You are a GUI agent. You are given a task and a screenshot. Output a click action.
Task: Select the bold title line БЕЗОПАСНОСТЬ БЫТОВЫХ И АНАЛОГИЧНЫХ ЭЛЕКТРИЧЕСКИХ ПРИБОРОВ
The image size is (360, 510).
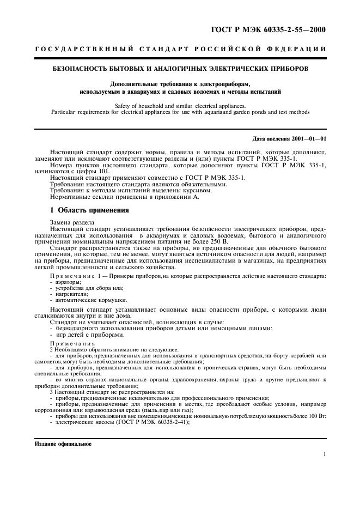tap(180, 69)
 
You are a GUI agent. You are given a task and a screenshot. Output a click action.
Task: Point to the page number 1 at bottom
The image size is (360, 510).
tap(324, 455)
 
